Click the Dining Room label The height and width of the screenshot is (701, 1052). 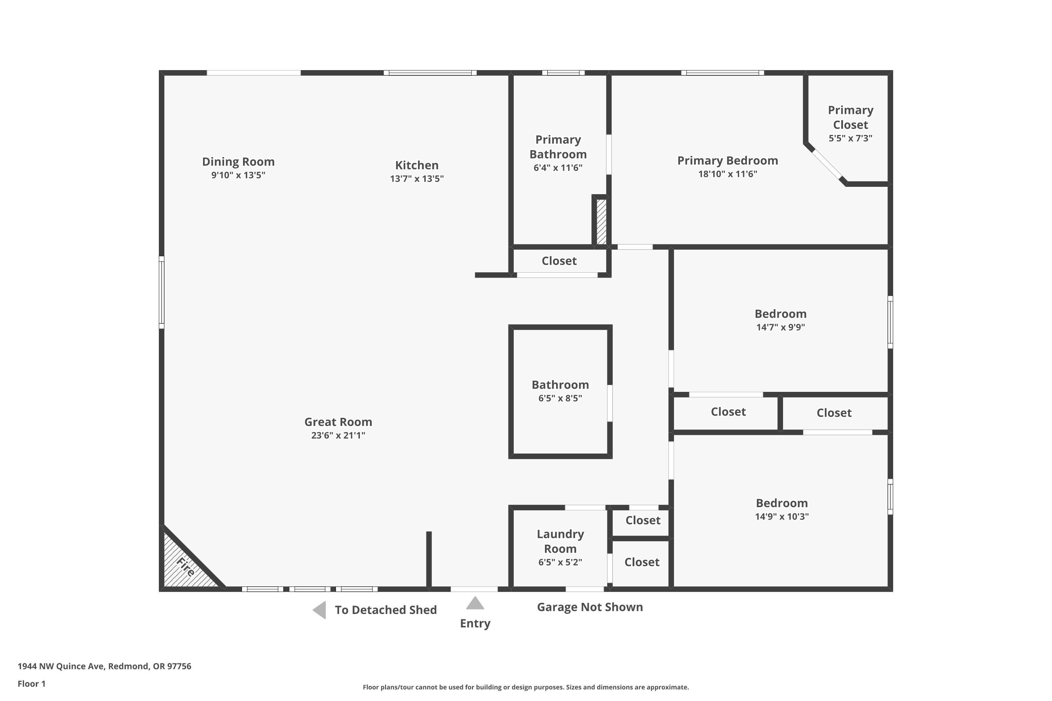point(238,162)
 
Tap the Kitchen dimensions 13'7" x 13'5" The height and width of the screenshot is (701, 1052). point(417,179)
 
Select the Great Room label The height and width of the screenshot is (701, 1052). point(338,422)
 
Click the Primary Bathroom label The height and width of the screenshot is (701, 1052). point(558,147)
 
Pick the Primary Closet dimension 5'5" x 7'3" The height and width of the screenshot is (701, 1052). point(850,138)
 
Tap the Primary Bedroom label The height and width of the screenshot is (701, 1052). point(727,161)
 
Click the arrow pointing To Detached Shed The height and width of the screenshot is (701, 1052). point(319,610)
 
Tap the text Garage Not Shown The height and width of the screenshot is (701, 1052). point(589,607)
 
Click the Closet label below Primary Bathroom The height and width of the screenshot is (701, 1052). point(559,261)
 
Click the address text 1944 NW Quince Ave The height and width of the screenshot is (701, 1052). point(104,666)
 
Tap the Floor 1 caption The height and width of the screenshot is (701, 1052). point(31,683)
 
